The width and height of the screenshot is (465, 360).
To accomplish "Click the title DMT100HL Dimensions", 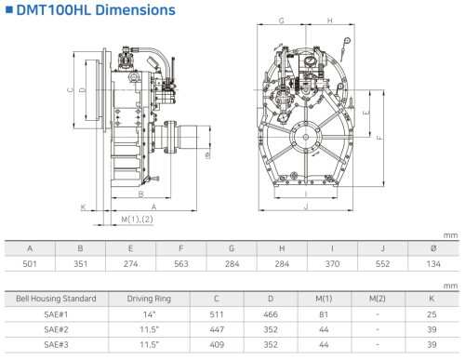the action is (96, 10).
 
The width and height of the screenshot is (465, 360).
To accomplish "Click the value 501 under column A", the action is (30, 264).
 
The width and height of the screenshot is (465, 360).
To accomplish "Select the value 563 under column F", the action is (181, 264).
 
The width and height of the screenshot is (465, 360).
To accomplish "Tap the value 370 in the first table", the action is (332, 264).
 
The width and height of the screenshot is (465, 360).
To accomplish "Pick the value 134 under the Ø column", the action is (433, 264).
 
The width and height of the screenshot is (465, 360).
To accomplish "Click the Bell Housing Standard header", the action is (56, 299).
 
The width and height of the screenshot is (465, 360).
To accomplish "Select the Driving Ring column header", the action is (149, 299).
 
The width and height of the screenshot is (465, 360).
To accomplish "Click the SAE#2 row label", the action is (56, 329).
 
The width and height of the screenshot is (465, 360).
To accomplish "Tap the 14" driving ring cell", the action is (149, 314).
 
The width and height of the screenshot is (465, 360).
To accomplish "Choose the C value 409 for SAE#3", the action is (217, 344).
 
